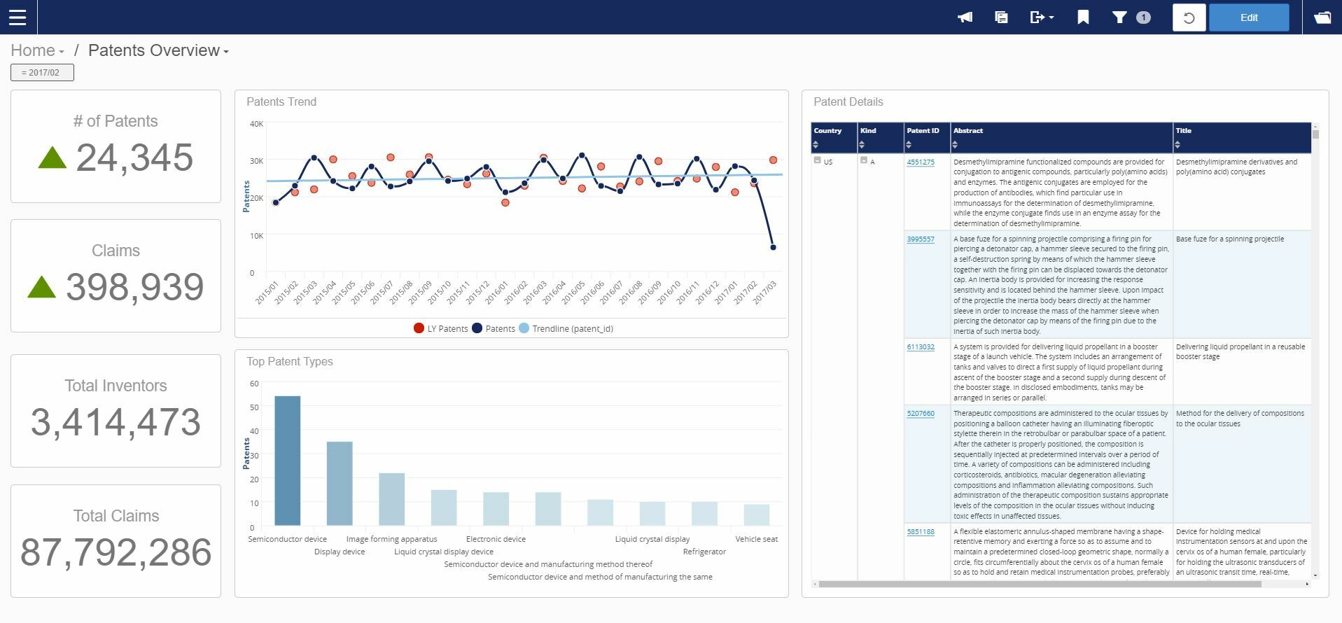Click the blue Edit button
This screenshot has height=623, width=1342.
click(x=1249, y=17)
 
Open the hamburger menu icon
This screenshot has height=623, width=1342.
click(x=18, y=17)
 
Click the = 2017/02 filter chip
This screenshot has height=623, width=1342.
click(x=42, y=72)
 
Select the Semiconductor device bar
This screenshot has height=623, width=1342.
click(x=287, y=461)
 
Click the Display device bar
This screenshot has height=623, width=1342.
click(x=340, y=483)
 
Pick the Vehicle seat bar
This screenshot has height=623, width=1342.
click(x=756, y=514)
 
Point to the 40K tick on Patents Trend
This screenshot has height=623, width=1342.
click(x=256, y=124)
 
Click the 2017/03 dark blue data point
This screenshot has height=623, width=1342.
click(x=773, y=247)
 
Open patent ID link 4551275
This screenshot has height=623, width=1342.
click(x=920, y=162)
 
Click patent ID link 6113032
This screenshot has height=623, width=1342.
click(x=920, y=346)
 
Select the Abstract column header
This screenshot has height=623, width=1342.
click(x=968, y=131)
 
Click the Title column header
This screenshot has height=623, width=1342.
click(x=1183, y=131)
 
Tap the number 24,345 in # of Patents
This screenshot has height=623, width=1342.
click(x=134, y=157)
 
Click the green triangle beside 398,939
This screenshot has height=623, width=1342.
click(x=41, y=287)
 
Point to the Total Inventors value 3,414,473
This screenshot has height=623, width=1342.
click(x=116, y=422)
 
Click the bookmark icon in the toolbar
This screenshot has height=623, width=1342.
click(x=1083, y=17)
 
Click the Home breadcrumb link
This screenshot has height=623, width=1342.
click(x=33, y=50)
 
